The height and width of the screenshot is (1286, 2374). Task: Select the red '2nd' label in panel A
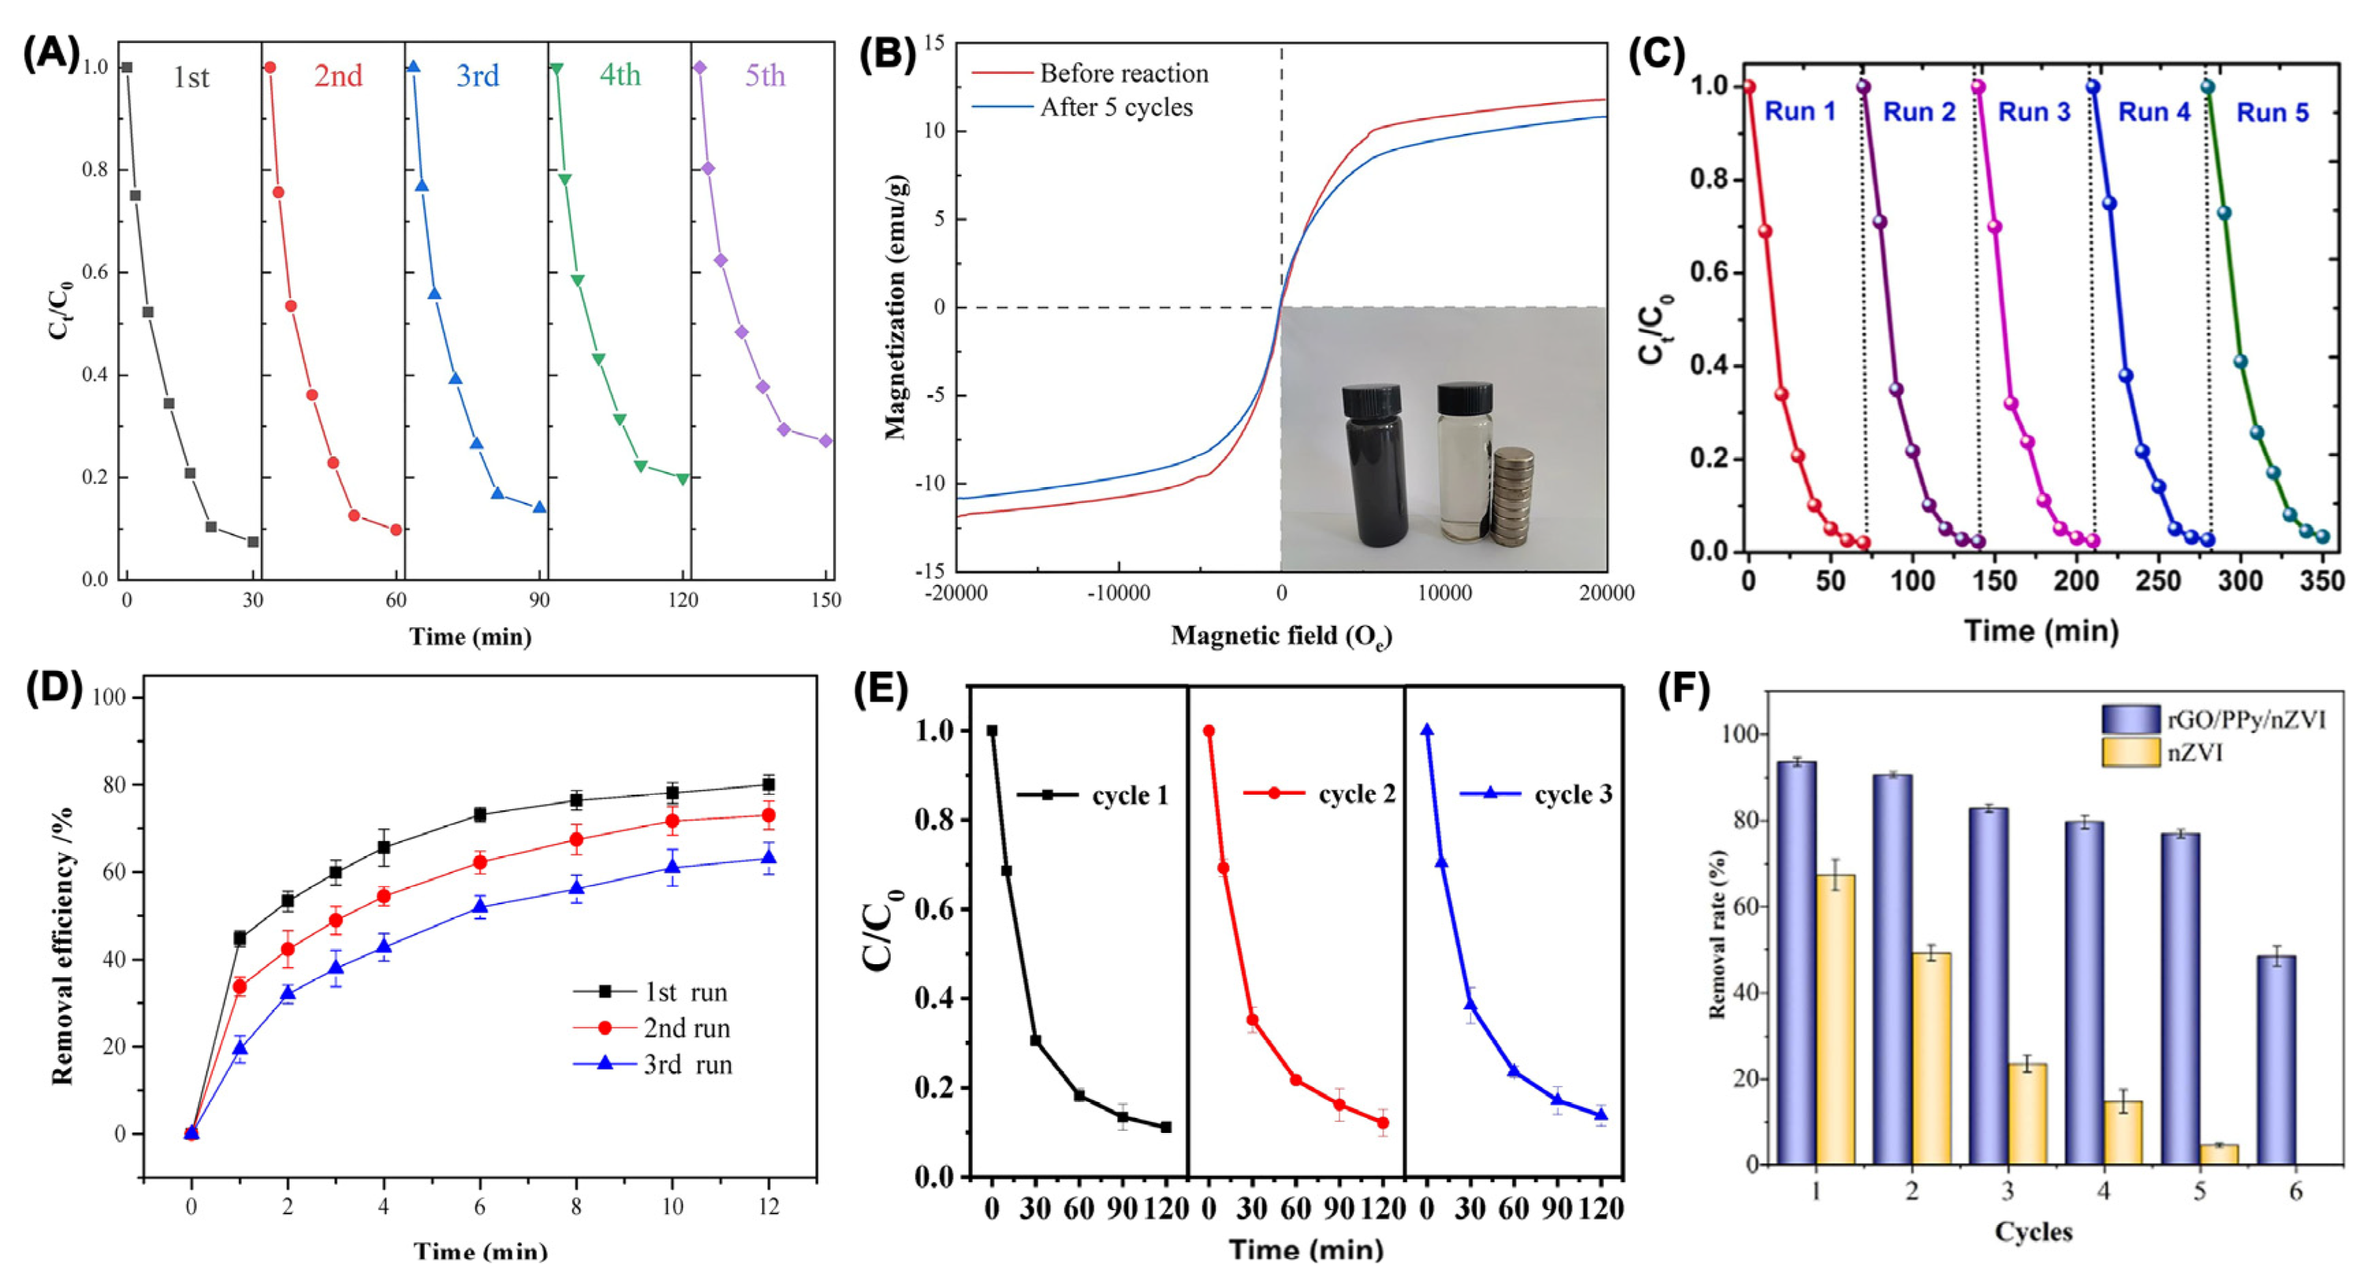[338, 76]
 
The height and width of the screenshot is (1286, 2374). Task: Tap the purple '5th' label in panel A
[765, 76]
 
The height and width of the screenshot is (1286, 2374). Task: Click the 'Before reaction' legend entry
[1123, 73]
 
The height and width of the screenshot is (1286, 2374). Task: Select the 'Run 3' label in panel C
[2033, 113]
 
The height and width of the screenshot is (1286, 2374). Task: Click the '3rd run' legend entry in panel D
[687, 1065]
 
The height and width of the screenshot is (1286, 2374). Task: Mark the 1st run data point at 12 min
[768, 784]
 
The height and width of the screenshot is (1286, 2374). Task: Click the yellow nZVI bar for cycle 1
[1836, 1019]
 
